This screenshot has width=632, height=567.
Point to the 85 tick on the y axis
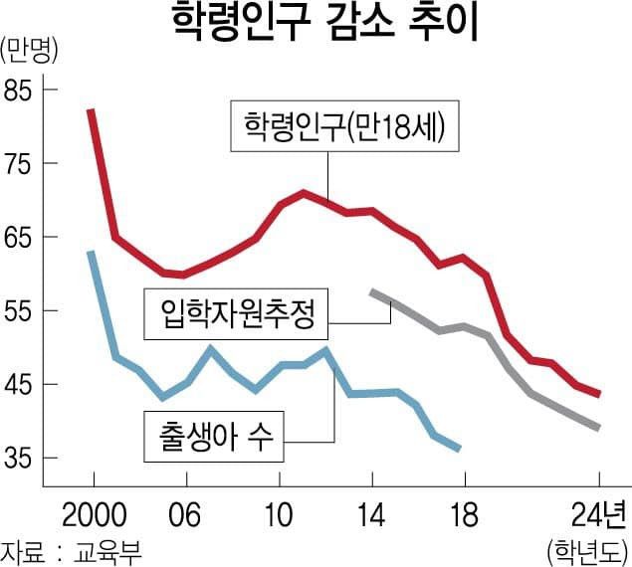coord(20,91)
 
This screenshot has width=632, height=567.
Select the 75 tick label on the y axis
coord(20,164)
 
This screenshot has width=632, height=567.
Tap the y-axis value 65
coord(20,238)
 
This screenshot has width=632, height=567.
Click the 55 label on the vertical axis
coord(20,311)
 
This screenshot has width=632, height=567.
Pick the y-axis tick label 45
coord(20,385)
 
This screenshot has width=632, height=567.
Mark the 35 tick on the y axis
coord(20,459)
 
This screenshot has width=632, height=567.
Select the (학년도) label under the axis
coord(588,549)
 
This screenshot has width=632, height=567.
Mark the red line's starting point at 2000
coord(91,110)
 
